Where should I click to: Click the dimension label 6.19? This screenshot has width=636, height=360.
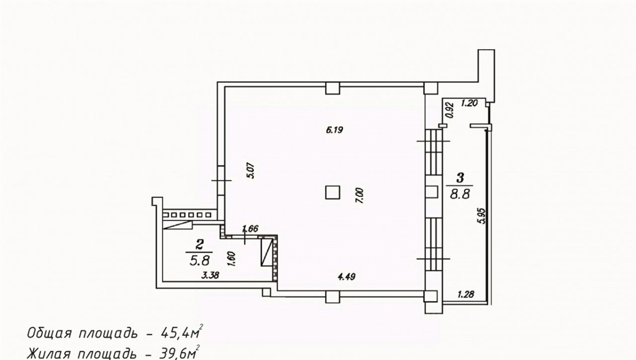tap(335, 130)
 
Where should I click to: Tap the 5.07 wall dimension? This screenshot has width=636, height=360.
tap(250, 171)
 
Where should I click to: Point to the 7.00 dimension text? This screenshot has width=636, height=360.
tap(360, 196)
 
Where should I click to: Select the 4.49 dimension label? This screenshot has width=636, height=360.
tap(347, 277)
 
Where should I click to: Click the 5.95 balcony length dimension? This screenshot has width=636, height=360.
tap(481, 215)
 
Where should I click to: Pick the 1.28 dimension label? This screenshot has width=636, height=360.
tap(466, 294)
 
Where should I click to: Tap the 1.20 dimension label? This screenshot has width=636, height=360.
tap(470, 103)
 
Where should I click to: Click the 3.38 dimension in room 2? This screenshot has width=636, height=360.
tap(210, 276)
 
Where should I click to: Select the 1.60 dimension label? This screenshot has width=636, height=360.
tap(232, 259)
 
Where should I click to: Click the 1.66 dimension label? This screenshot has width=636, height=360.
tap(250, 229)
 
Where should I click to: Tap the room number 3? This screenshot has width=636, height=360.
tap(460, 178)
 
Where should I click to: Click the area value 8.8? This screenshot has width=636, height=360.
tap(460, 194)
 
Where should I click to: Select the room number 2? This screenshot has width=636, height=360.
tap(199, 244)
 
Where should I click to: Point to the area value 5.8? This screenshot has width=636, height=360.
tap(199, 260)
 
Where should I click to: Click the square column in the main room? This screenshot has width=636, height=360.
tap(333, 192)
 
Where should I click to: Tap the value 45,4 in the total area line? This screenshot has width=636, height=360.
tap(176, 333)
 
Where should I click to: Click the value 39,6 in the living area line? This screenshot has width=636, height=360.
tap(175, 354)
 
